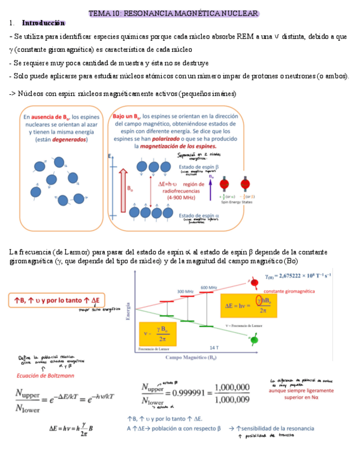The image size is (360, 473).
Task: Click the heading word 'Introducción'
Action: click(43, 23)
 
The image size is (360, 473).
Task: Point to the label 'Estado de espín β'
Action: click(198, 167)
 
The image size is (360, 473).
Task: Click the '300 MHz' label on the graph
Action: click(185, 292)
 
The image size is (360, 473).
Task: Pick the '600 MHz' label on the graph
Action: click(208, 287)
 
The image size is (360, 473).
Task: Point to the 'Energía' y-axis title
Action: click(128, 311)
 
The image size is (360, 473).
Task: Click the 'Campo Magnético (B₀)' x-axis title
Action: click(191, 357)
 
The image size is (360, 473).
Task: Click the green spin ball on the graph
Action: click(255, 339)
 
